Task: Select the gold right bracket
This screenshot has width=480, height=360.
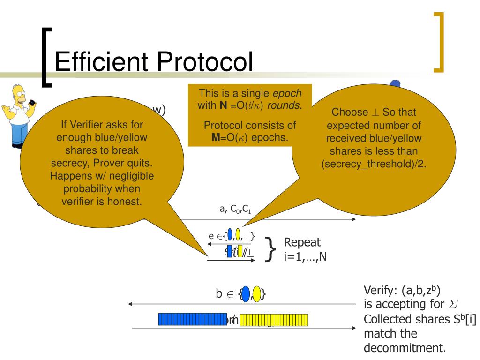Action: coord(438,43)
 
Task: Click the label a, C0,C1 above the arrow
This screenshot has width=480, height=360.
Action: coord(235,210)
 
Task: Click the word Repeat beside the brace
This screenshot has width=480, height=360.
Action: coord(302,242)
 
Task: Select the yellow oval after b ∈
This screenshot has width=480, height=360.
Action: coord(257,294)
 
